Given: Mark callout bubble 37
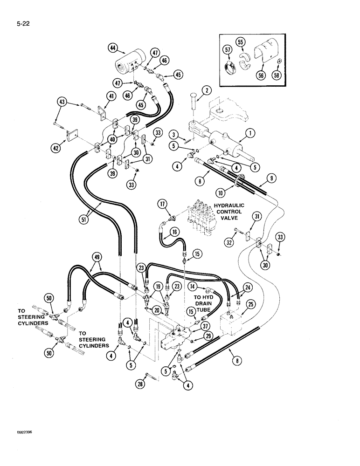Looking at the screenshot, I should click(206, 326).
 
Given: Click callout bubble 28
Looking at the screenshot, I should click(140, 383).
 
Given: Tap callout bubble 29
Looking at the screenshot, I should click(209, 336).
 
